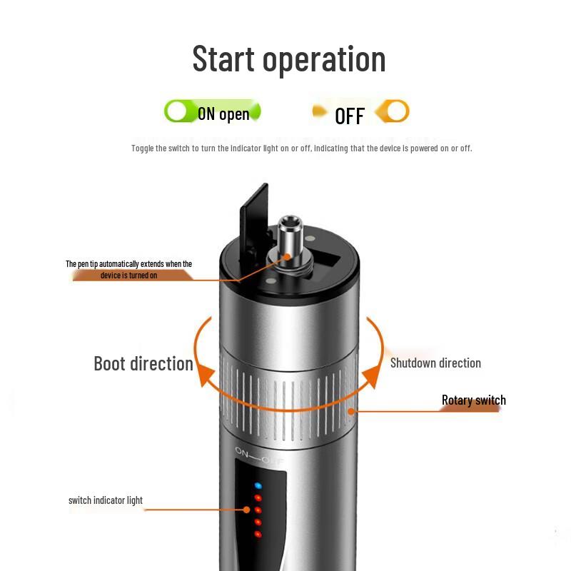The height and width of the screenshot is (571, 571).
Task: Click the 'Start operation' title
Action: pyautogui.click(x=289, y=59)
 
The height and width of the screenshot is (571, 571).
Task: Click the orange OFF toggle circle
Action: pyautogui.click(x=397, y=111)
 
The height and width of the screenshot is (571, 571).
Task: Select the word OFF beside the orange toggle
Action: pyautogui.click(x=350, y=116)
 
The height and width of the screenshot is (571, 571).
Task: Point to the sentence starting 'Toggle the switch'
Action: pyautogui.click(x=301, y=148)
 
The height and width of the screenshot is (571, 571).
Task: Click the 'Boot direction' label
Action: pyautogui.click(x=143, y=363)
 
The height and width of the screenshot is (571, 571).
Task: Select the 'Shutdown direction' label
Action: pyautogui.click(x=435, y=363)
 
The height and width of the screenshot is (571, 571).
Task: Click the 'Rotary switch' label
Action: pyautogui.click(x=474, y=400)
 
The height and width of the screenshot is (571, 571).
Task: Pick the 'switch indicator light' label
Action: pyautogui.click(x=106, y=500)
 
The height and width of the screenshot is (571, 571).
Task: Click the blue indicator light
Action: pyautogui.click(x=258, y=486)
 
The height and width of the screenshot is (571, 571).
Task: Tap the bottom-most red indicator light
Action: pyautogui.click(x=258, y=534)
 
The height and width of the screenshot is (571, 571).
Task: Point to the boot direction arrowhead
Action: pyautogui.click(x=206, y=375)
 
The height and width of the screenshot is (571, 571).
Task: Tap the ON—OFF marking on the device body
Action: pyautogui.click(x=258, y=456)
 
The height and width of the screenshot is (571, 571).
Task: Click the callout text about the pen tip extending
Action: pyautogui.click(x=129, y=270)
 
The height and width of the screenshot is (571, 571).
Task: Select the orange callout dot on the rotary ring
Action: pyautogui.click(x=351, y=412)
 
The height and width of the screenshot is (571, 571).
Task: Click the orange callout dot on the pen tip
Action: pyautogui.click(x=287, y=257)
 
